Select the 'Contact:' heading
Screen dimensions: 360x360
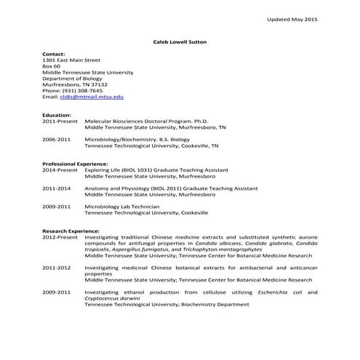[54, 54]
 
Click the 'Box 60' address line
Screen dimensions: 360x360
[52, 66]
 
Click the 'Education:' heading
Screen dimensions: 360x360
[57, 115]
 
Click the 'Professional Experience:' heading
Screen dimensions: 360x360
[75, 164]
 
